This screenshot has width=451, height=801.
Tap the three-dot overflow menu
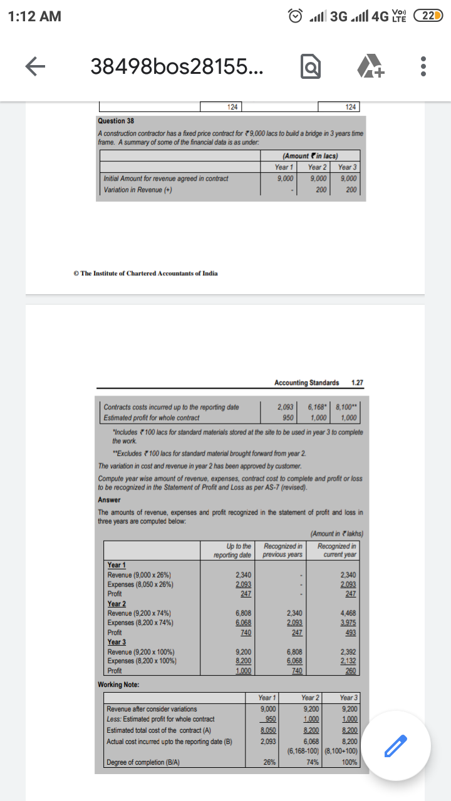point(423,66)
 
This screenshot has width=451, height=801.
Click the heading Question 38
point(116,121)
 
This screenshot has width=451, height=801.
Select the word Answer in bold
point(109,499)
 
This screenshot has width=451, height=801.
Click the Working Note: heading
point(118,685)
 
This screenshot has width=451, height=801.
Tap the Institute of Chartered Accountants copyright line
point(145,273)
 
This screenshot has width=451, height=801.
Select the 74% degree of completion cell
point(310,762)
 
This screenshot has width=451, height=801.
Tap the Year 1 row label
point(117,565)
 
